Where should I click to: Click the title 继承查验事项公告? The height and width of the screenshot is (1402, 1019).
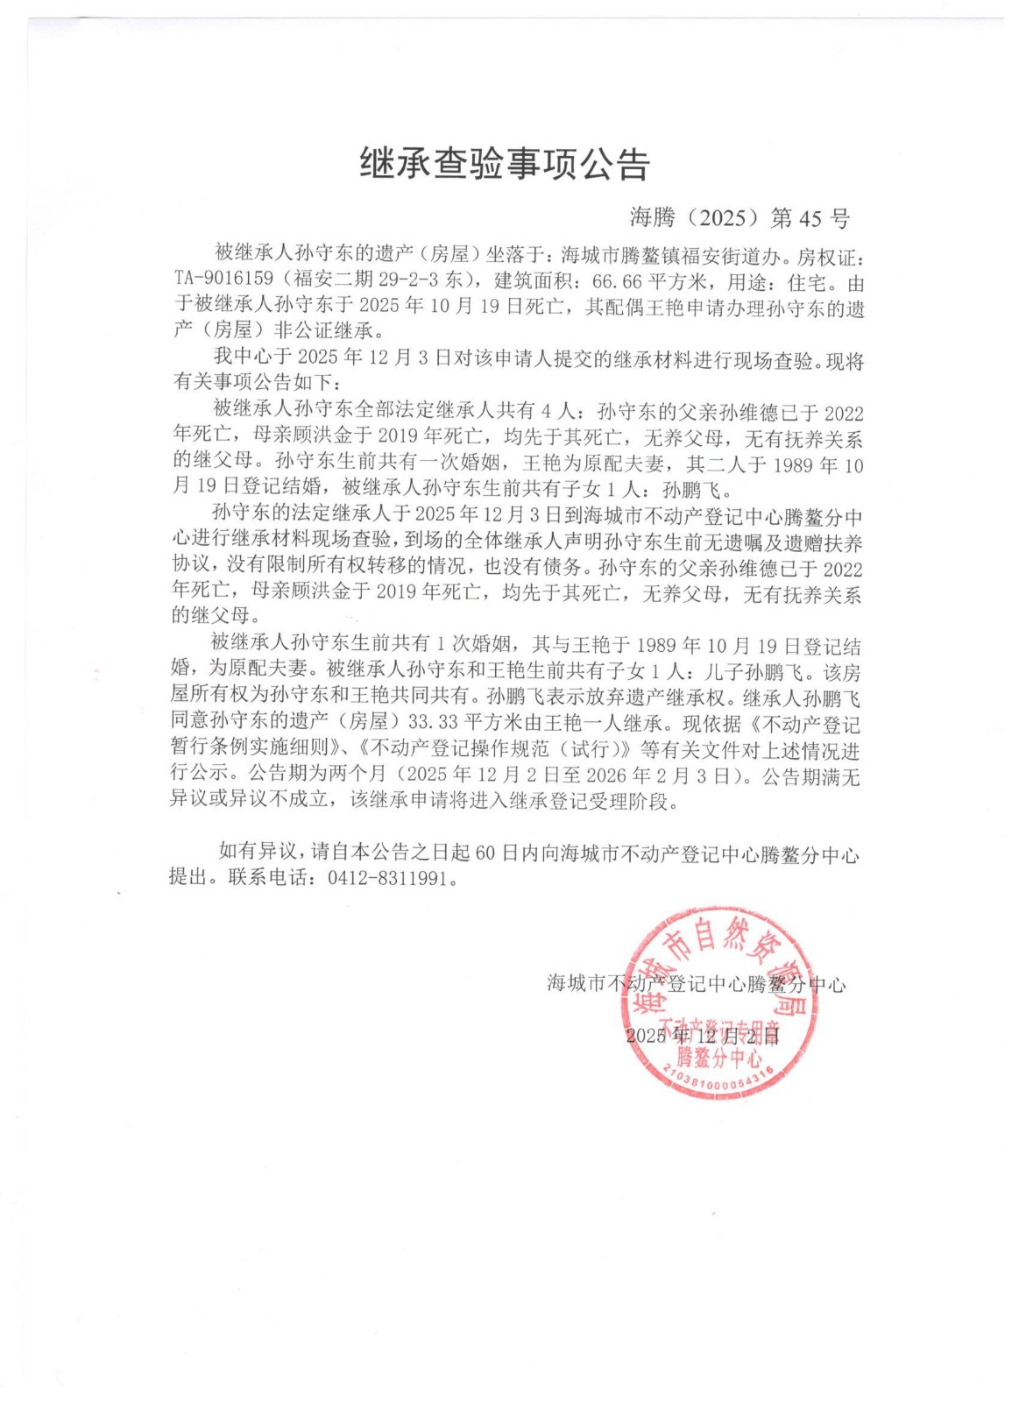tap(505, 164)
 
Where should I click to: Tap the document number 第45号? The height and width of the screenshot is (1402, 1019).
tap(810, 218)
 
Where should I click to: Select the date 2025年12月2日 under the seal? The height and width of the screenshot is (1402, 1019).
tap(703, 1036)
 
